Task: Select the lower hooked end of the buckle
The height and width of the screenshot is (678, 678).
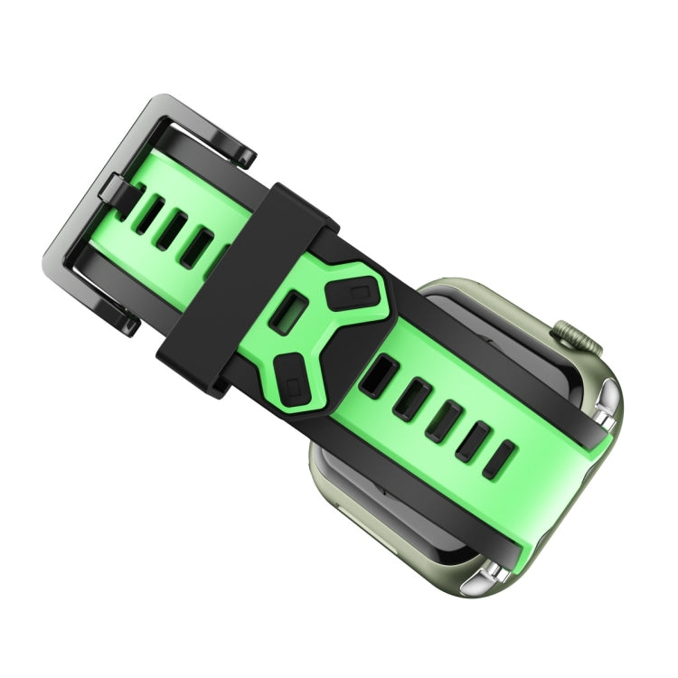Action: (125, 321)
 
